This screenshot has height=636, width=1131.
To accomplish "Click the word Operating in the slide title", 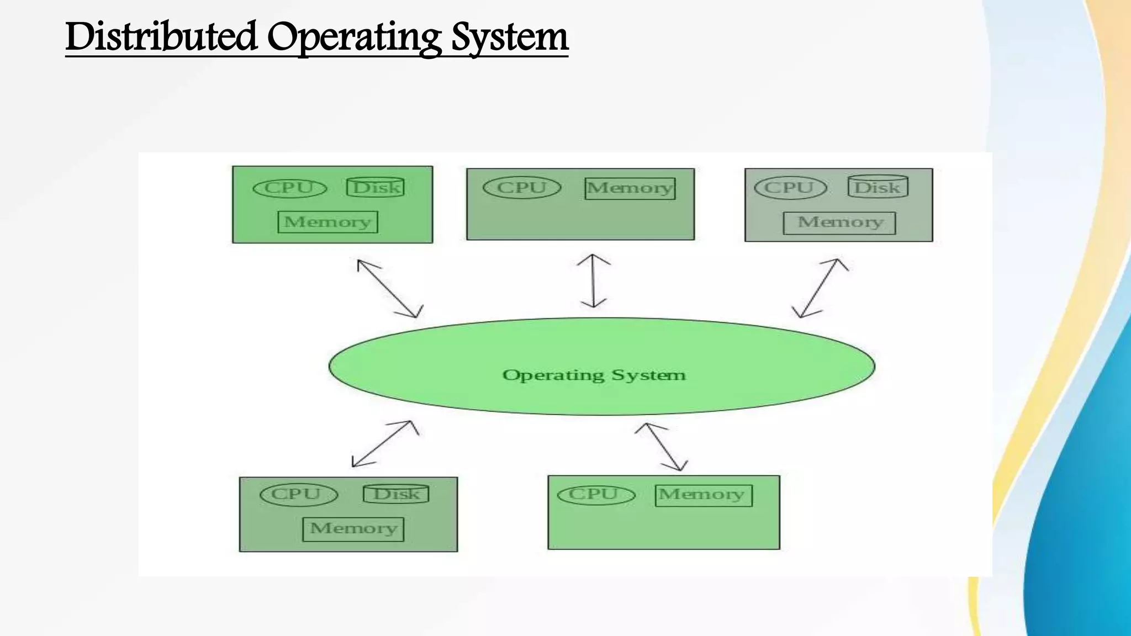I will click(354, 38).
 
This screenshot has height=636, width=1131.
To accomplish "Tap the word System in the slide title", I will click(509, 38).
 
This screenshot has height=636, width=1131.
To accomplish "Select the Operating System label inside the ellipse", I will click(594, 375).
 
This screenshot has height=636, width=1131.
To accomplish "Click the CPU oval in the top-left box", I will click(289, 188).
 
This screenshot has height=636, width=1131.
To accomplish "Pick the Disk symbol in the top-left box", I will click(376, 187).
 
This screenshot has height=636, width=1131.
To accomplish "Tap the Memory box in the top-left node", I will click(327, 222).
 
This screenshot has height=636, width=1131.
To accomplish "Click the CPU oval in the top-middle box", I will click(522, 187).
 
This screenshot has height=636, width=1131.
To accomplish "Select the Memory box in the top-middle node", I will click(630, 188).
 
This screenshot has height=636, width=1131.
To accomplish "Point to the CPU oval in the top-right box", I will click(790, 188).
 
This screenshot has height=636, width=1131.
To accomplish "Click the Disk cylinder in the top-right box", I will click(878, 187).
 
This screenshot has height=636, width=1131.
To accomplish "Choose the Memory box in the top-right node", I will click(839, 222).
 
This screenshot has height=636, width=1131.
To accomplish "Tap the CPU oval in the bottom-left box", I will click(298, 494).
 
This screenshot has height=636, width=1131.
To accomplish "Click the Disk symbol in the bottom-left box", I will click(396, 494).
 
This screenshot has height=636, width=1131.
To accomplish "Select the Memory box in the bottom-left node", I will click(353, 528).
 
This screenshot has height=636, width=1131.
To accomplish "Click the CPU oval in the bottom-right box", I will click(596, 494).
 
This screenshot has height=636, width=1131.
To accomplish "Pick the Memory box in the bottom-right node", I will click(704, 495).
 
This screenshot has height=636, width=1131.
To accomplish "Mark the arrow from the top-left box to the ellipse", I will click(389, 288).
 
